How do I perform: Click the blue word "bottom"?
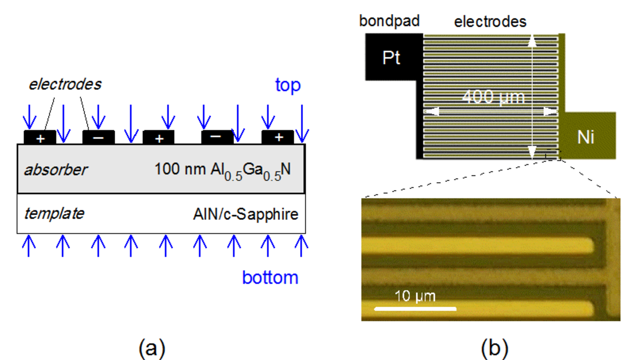tap(270, 277)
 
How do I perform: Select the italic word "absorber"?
tap(56, 170)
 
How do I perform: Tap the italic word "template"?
tap(54, 213)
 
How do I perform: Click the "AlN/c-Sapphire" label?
tap(246, 214)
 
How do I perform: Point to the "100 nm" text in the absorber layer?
tap(180, 169)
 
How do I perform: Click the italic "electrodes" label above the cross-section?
tap(65, 84)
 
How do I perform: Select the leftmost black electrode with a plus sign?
tap(40, 137)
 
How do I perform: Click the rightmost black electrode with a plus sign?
tap(278, 137)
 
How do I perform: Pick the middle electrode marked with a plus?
tap(158, 137)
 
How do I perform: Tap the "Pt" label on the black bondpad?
tap(391, 58)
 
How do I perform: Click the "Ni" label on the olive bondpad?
tap(586, 137)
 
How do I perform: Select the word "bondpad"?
tap(389, 21)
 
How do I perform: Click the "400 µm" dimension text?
tap(493, 97)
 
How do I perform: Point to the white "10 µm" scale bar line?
tap(415, 309)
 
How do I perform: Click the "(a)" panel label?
tap(152, 348)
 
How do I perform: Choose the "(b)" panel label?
tap(494, 348)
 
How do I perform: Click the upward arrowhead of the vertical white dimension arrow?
tap(532, 40)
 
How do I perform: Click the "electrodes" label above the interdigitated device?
tap(490, 22)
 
